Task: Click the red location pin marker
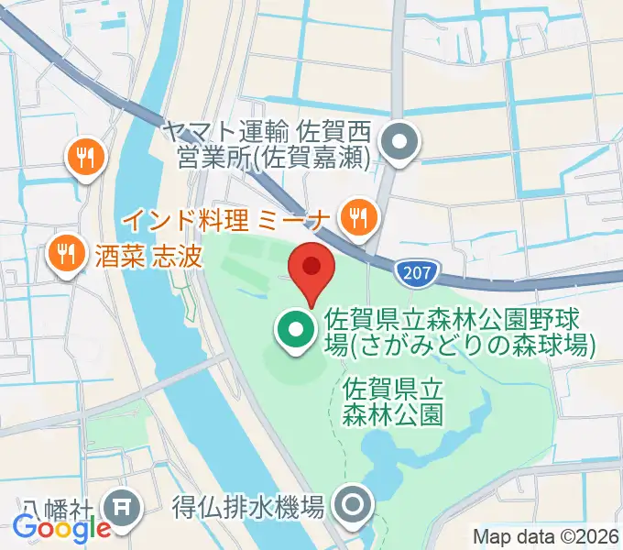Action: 311,268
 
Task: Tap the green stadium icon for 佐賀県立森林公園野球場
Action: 293,333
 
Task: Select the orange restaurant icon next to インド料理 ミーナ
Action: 358,217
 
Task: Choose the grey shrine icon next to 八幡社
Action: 121,505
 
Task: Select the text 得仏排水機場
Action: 248,505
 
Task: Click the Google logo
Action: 60,528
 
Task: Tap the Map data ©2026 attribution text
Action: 546,535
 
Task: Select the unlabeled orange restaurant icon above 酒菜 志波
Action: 87,157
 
